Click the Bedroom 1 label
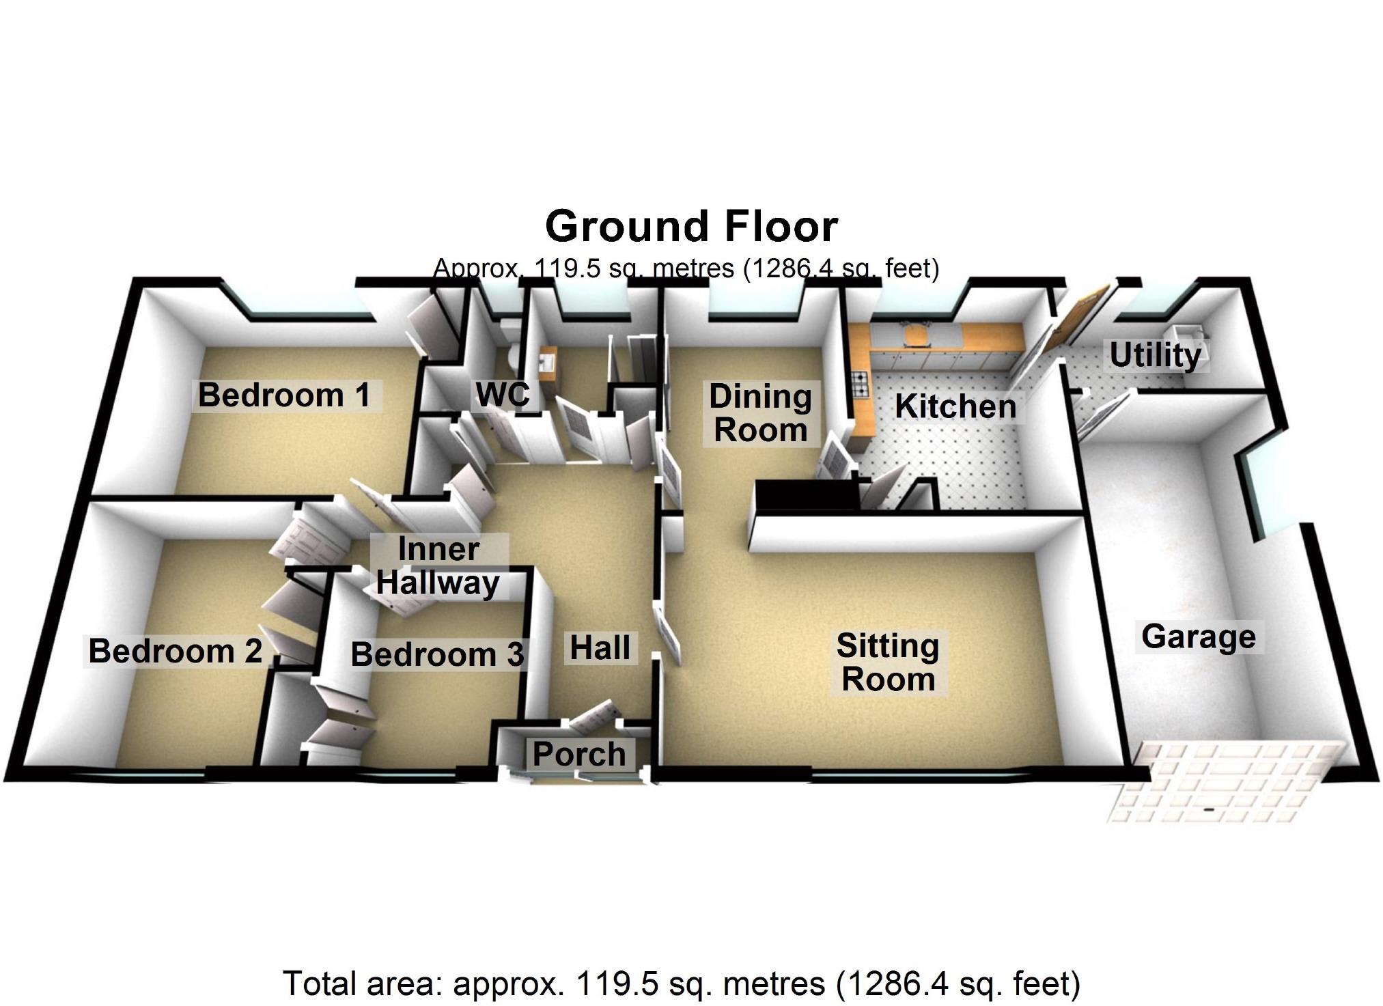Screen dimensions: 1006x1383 point(284,395)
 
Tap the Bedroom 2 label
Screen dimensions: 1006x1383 point(175,651)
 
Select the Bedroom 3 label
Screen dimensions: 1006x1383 point(437,654)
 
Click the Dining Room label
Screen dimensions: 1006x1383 point(760,413)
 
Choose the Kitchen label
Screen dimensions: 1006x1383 point(955,406)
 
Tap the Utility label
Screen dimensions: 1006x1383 point(1155,355)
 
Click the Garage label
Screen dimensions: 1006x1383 point(1199,637)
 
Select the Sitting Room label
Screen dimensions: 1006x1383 point(888,662)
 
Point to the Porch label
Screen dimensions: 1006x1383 point(579,754)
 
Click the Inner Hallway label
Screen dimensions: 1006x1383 point(438,566)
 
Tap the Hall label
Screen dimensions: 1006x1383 point(600,647)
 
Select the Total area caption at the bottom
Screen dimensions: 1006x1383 point(681,983)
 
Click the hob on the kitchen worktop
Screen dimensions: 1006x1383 point(860,384)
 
